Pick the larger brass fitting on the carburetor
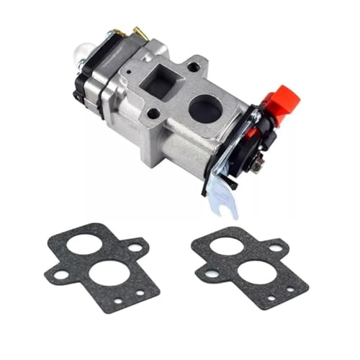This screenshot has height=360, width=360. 135,32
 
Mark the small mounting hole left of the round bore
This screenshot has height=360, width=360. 153,113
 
